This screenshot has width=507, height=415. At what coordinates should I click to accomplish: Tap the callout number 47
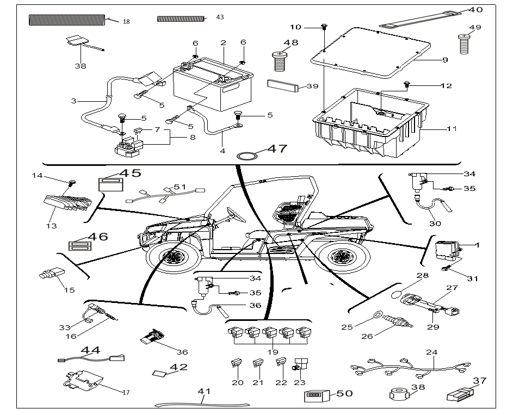coord(276,149)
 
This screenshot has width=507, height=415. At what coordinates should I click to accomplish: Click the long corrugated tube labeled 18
coord(66,20)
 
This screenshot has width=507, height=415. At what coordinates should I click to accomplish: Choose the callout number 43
coord(220,17)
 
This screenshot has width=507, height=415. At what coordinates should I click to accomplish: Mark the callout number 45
coord(130,173)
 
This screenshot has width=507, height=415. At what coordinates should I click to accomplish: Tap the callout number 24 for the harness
coord(431,352)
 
